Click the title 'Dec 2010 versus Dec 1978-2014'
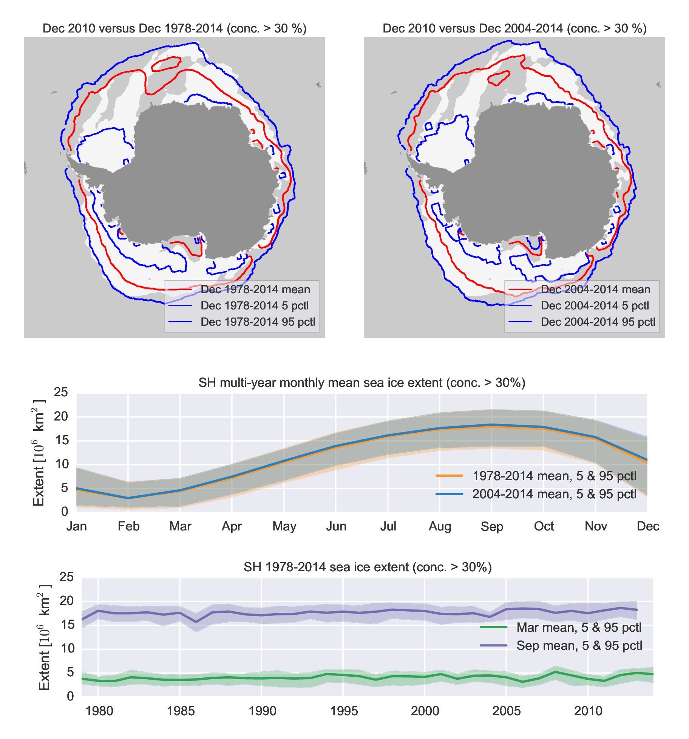tap(174, 29)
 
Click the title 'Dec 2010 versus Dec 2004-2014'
tap(514, 29)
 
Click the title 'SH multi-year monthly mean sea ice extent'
tap(362, 383)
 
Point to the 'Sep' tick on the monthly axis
tap(491, 526)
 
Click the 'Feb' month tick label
tap(128, 526)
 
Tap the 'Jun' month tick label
tap(336, 526)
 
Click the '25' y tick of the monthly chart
tap(61, 393)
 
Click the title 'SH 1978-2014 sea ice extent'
tap(368, 567)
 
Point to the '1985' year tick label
tap(181, 711)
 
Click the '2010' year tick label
tap(588, 711)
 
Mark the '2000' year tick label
tap(425, 711)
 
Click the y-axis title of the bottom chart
tap(44, 637)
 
